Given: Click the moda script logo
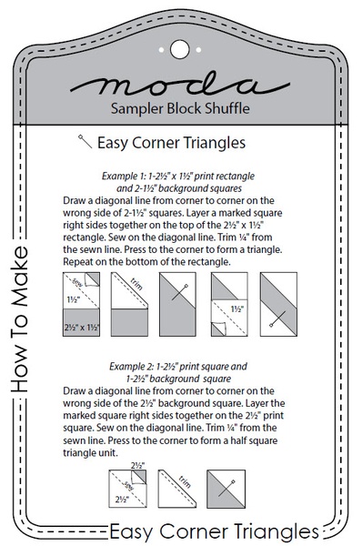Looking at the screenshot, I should click(181, 86).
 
